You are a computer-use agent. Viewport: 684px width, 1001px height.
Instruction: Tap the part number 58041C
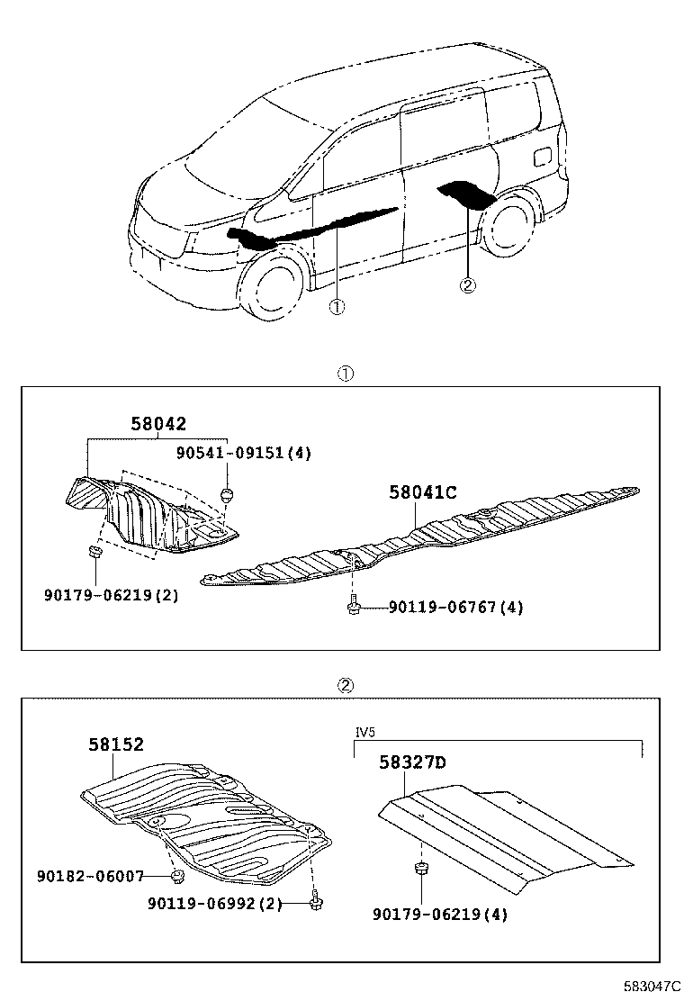423,491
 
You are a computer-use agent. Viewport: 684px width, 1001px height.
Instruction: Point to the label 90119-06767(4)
455,608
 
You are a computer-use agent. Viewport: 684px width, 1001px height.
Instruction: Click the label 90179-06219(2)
111,595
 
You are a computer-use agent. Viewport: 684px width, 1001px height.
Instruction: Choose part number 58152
116,744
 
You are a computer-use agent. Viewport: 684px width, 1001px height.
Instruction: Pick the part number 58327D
412,763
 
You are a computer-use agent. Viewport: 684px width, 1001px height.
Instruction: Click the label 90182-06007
90,875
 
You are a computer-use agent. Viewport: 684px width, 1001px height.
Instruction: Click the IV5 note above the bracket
364,733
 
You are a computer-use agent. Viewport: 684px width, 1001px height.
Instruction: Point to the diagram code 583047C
651,987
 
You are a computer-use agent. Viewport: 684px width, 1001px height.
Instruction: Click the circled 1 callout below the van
336,307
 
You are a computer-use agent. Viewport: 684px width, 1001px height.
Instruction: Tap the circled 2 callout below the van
467,285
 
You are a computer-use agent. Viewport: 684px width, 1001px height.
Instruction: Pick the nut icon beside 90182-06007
177,875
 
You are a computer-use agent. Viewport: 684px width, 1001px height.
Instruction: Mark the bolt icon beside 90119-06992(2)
314,901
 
